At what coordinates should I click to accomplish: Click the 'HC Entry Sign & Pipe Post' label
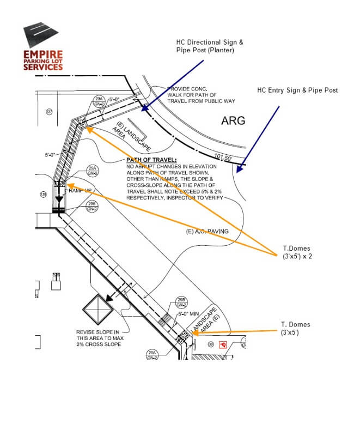pos(297,90)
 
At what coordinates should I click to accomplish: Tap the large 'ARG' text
pos(233,120)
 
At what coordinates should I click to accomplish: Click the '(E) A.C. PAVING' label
pos(206,232)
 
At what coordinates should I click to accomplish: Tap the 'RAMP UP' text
pos(79,190)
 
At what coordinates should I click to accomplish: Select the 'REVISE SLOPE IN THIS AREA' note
pos(101,338)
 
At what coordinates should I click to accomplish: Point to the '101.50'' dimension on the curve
pos(224,157)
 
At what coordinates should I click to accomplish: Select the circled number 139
pos(43,194)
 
